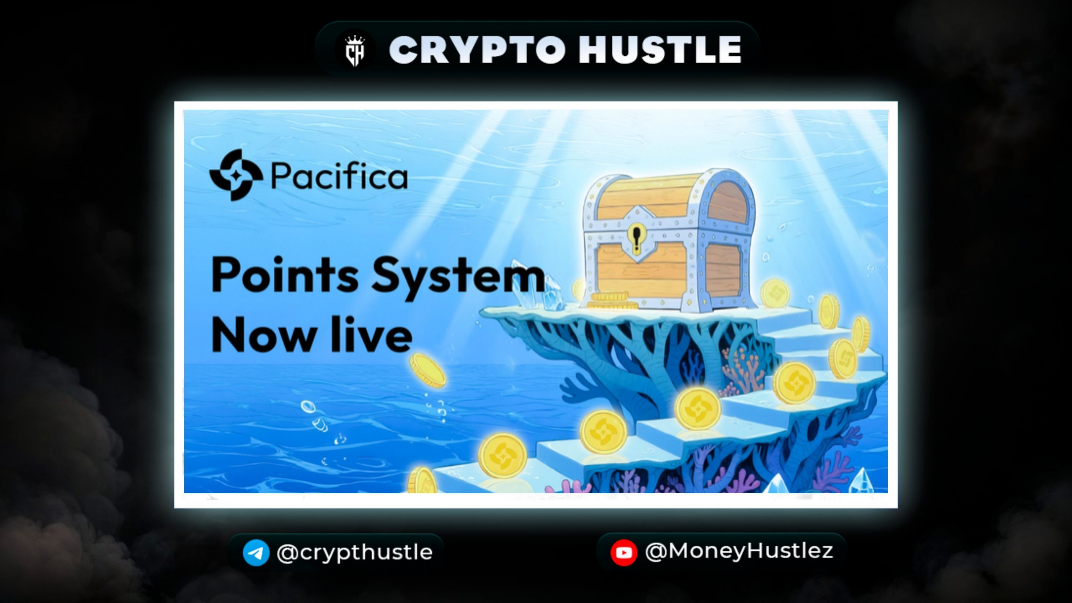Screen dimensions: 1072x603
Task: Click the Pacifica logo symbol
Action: coord(236,175)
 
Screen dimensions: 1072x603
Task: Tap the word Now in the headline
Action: coord(263,335)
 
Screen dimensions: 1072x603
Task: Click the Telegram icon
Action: coord(256,553)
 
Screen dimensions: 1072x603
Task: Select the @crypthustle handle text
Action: coord(355,552)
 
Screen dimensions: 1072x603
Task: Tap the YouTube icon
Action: coord(624,553)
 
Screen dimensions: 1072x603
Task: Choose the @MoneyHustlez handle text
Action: coord(739,551)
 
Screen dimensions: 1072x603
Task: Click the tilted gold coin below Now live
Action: coord(428,370)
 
